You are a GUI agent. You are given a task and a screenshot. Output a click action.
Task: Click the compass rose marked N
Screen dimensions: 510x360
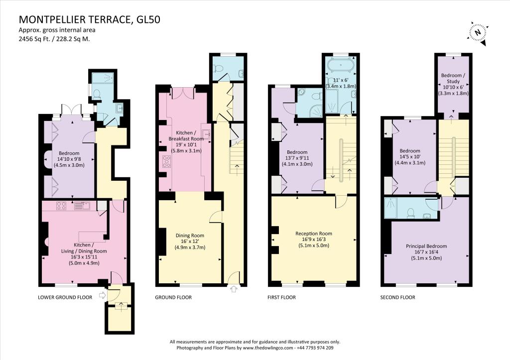click(x=478, y=33)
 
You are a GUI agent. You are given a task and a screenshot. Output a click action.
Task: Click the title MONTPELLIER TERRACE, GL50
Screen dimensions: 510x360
click(x=90, y=19)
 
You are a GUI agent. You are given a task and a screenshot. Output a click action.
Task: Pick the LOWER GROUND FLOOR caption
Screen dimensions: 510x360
click(x=65, y=297)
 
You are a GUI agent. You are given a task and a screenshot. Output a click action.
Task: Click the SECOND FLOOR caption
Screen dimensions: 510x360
click(x=398, y=297)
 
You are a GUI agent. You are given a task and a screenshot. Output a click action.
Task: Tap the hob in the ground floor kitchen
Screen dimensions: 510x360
click(x=166, y=162)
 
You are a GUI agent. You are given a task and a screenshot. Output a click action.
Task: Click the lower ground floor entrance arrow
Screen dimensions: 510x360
click(x=102, y=295)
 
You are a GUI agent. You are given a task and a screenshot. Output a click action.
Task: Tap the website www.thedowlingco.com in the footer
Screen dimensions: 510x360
click(x=267, y=348)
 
